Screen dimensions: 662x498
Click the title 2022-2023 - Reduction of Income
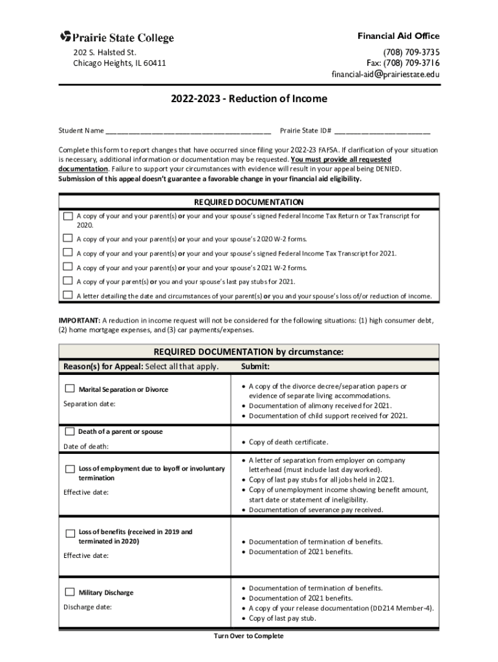click(x=249, y=99)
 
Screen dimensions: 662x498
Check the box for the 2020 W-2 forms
click(x=67, y=238)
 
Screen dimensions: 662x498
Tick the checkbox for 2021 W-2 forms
click(x=67, y=266)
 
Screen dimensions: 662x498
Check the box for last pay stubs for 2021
click(x=67, y=281)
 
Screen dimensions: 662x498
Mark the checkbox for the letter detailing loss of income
click(x=67, y=295)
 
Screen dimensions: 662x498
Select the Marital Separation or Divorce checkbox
click(x=70, y=389)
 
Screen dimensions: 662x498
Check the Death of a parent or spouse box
click(x=69, y=431)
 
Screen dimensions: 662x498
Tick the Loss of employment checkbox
click(x=70, y=468)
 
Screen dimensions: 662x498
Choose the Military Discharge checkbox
click(x=70, y=592)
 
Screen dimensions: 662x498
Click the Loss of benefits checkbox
click(x=70, y=533)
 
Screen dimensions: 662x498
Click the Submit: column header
click(x=255, y=367)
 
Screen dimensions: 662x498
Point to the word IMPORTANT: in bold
click(x=79, y=321)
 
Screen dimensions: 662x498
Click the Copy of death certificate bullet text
click(x=288, y=442)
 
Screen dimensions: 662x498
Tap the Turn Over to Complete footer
click(x=248, y=636)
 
